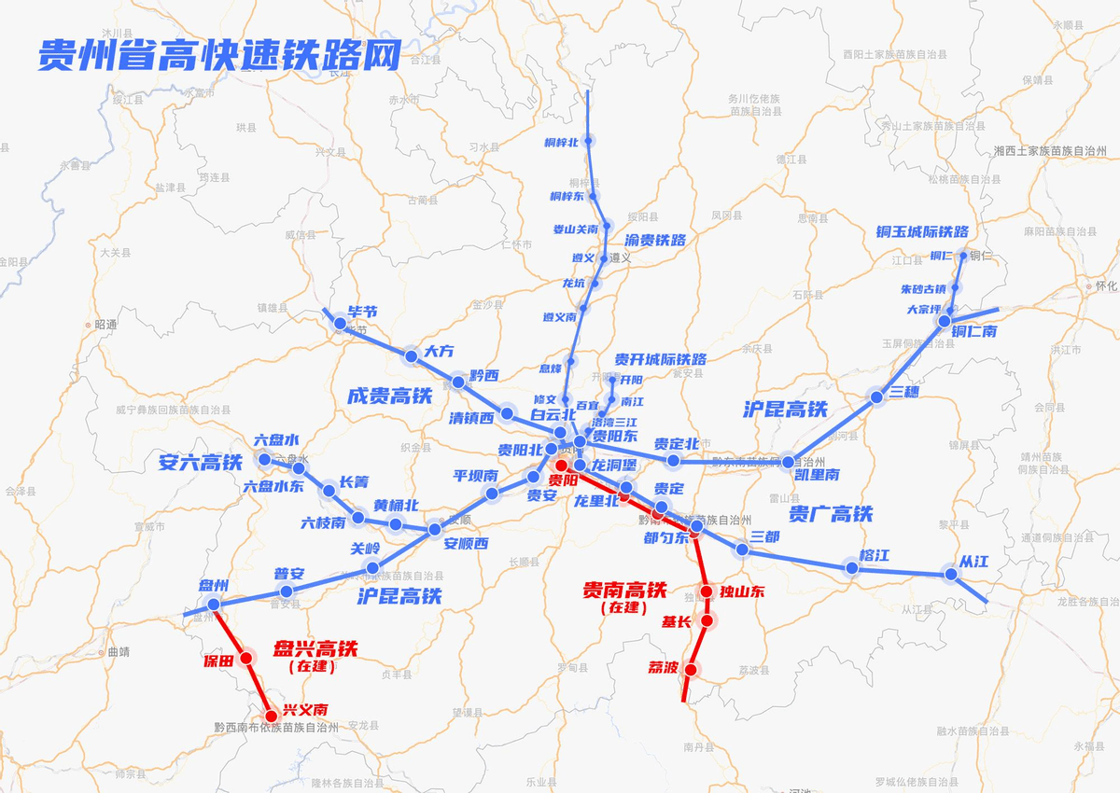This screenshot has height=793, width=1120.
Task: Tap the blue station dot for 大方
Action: (x=411, y=355)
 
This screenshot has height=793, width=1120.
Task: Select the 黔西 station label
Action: (x=484, y=375)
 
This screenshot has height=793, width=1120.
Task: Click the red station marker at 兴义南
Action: (x=272, y=716)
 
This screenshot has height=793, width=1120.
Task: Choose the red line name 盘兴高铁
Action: (x=315, y=648)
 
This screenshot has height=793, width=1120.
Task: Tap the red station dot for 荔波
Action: (x=691, y=669)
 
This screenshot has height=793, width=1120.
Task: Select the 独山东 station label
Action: (x=742, y=591)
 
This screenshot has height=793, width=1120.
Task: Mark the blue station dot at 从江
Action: (x=951, y=575)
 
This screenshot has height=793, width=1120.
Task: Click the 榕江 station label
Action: (x=875, y=556)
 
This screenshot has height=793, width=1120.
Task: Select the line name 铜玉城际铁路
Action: (x=922, y=231)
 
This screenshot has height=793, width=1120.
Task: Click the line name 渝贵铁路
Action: (x=655, y=240)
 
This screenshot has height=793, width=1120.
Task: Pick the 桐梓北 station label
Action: (x=561, y=142)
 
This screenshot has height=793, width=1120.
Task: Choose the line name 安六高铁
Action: (x=201, y=461)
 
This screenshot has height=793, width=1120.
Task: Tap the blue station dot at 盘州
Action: (x=214, y=605)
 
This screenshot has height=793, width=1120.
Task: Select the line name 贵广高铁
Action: (x=831, y=513)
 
